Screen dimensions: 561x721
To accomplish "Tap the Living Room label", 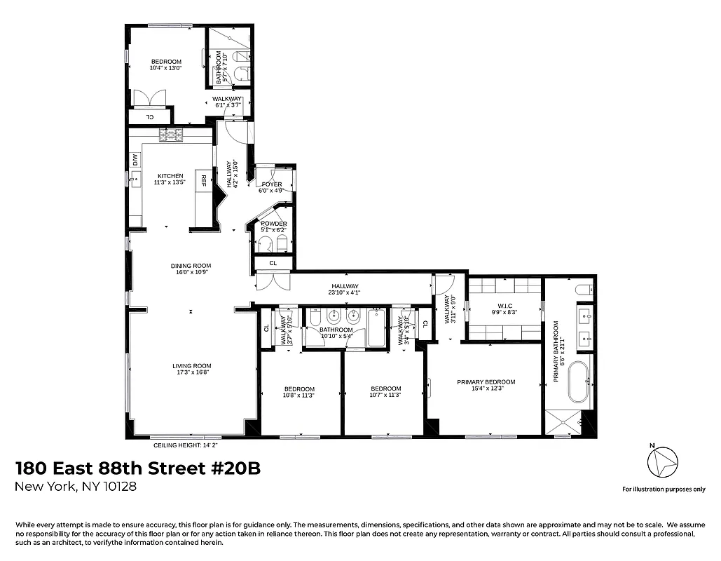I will (192, 366).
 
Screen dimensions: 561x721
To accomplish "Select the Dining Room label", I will (191, 266).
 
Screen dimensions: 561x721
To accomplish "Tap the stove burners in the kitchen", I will (170, 134).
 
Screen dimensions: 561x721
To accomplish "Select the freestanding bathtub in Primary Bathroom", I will (580, 381).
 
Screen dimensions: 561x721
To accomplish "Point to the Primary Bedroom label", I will (486, 382).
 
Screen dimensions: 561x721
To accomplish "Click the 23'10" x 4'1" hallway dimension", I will (345, 293).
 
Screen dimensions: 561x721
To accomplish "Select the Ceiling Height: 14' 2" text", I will (186, 445).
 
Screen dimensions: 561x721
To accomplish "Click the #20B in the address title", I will (235, 468).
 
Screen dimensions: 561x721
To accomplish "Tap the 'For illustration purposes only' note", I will (664, 489).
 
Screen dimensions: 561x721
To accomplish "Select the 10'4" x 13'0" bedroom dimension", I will (166, 69).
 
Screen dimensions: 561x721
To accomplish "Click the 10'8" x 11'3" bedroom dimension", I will (299, 395).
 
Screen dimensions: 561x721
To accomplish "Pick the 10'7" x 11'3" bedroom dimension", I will (385, 395).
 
